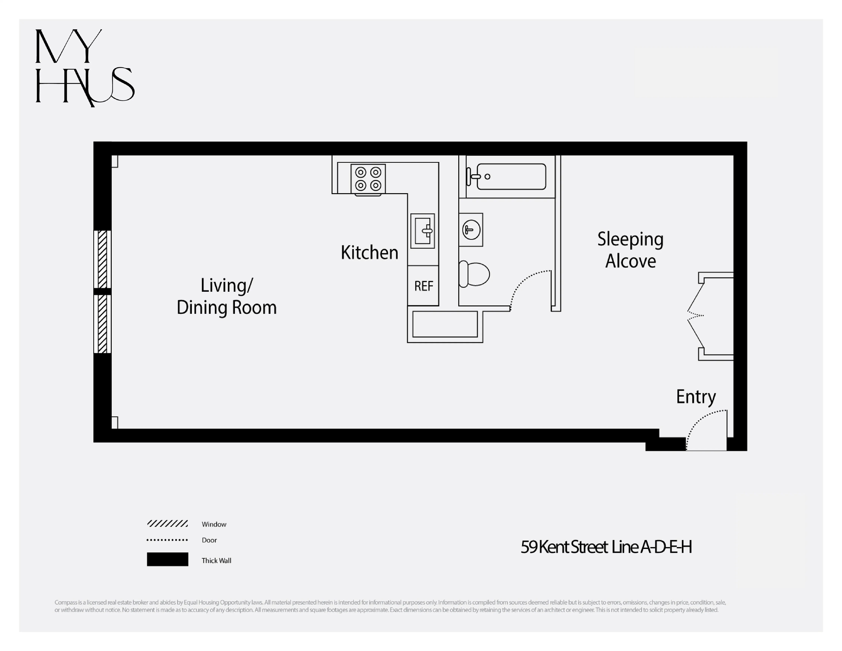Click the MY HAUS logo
(x=85, y=68)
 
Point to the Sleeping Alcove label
(x=630, y=250)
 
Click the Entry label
(x=696, y=397)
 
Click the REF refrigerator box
(x=423, y=286)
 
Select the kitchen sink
(x=422, y=231)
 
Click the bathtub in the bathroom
(x=511, y=177)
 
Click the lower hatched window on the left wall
(x=102, y=324)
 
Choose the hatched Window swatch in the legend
(x=167, y=523)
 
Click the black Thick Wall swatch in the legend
(x=167, y=559)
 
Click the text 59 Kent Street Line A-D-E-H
(x=606, y=547)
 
